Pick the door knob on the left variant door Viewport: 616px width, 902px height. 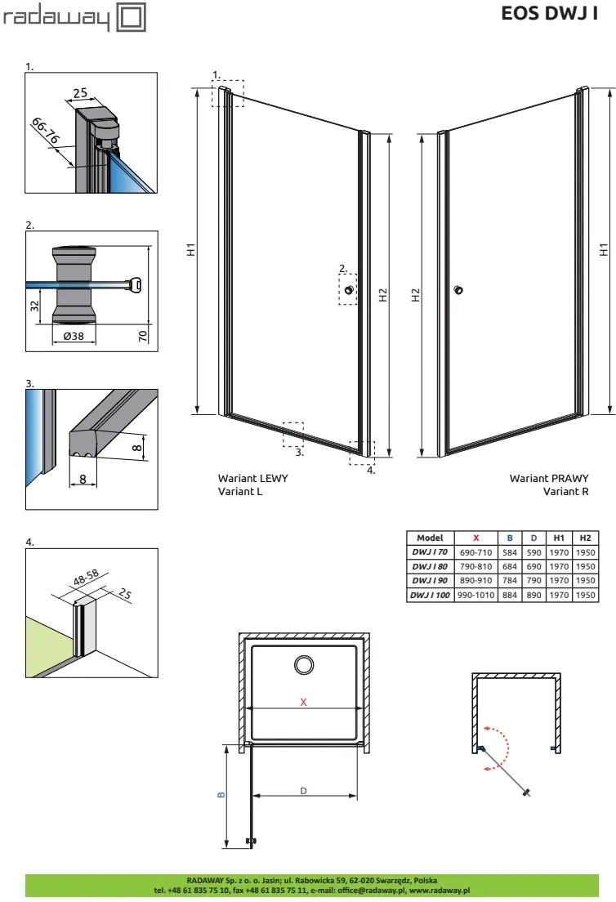click(x=350, y=290)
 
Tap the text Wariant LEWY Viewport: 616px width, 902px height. click(x=252, y=478)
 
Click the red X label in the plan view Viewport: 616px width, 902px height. click(x=303, y=702)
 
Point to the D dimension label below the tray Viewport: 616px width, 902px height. click(x=303, y=790)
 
